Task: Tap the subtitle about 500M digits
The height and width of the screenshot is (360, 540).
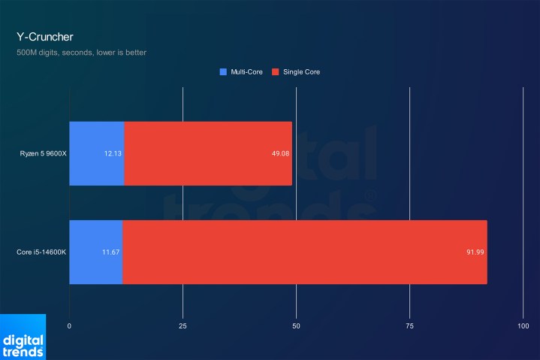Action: click(82, 53)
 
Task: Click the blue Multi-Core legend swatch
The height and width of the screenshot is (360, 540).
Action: click(222, 72)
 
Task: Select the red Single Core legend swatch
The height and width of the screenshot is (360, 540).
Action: click(275, 72)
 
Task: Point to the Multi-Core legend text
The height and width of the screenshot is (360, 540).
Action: click(246, 72)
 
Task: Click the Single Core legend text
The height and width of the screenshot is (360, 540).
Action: click(301, 72)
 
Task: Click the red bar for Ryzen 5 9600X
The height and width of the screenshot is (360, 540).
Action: click(208, 153)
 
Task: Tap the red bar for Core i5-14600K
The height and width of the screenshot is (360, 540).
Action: click(304, 253)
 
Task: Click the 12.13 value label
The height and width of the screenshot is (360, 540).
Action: click(113, 153)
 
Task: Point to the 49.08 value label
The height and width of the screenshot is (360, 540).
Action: click(280, 153)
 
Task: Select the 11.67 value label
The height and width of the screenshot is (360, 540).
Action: click(110, 253)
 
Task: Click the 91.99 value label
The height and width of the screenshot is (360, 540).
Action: click(475, 253)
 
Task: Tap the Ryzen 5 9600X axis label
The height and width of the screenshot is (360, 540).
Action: click(43, 153)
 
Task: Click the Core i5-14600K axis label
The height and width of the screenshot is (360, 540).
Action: click(41, 253)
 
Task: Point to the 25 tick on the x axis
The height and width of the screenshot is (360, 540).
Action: click(183, 325)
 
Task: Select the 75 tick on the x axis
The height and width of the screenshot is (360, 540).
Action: click(409, 325)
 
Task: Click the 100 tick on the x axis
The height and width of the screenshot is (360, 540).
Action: click(523, 325)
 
